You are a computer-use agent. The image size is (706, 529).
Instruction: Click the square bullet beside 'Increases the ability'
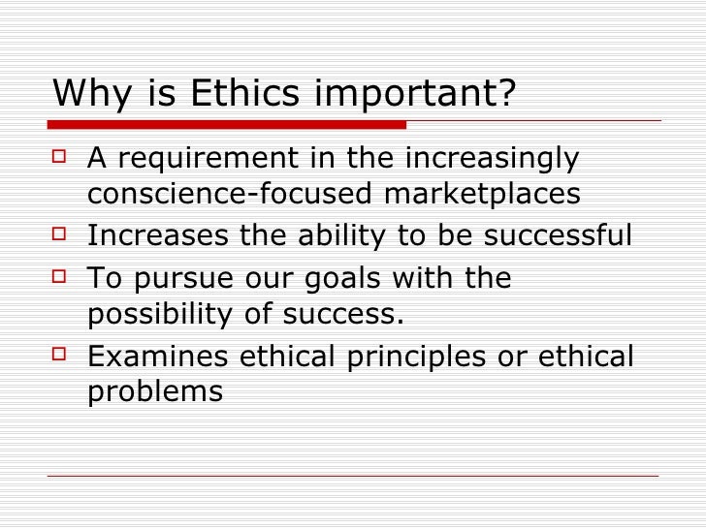[59, 233]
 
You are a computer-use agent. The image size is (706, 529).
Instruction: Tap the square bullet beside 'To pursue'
[59, 275]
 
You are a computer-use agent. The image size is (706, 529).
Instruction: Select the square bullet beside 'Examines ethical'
[59, 354]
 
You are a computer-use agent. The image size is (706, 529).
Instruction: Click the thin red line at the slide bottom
[353, 475]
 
